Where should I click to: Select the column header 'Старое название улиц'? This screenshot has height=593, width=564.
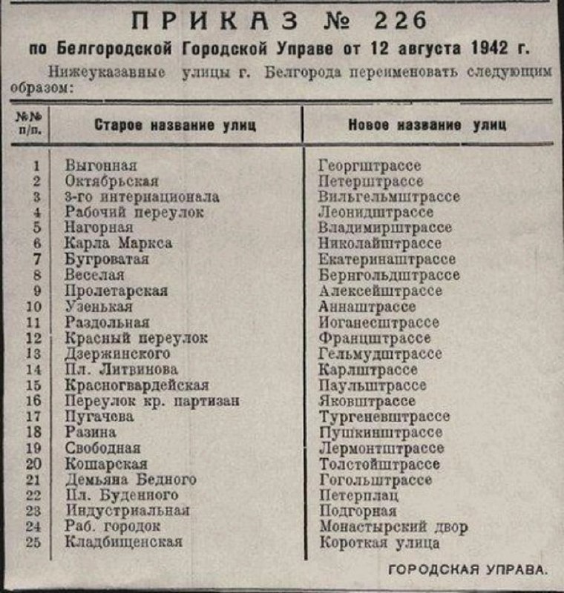click(x=175, y=125)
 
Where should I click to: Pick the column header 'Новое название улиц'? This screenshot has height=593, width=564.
click(x=427, y=125)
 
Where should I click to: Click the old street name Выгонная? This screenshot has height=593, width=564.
click(x=101, y=165)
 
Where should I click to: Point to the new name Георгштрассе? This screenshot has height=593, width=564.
click(x=369, y=165)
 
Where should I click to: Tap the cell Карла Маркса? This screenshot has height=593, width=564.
click(x=119, y=244)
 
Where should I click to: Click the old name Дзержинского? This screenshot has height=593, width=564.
click(x=117, y=354)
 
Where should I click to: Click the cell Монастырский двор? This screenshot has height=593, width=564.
click(x=393, y=527)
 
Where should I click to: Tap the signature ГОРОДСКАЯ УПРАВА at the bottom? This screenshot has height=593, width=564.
click(x=468, y=570)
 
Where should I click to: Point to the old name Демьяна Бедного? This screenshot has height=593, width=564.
click(x=131, y=480)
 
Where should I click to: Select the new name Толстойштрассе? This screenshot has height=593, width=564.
click(x=378, y=464)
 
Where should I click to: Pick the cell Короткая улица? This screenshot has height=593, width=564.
click(x=378, y=543)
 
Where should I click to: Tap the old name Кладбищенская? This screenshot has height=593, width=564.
click(x=123, y=543)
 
